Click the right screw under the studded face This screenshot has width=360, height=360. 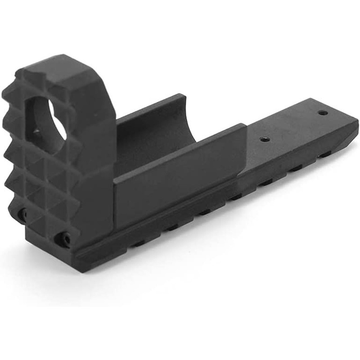(x=66, y=239)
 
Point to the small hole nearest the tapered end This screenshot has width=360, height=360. (x=323, y=112)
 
